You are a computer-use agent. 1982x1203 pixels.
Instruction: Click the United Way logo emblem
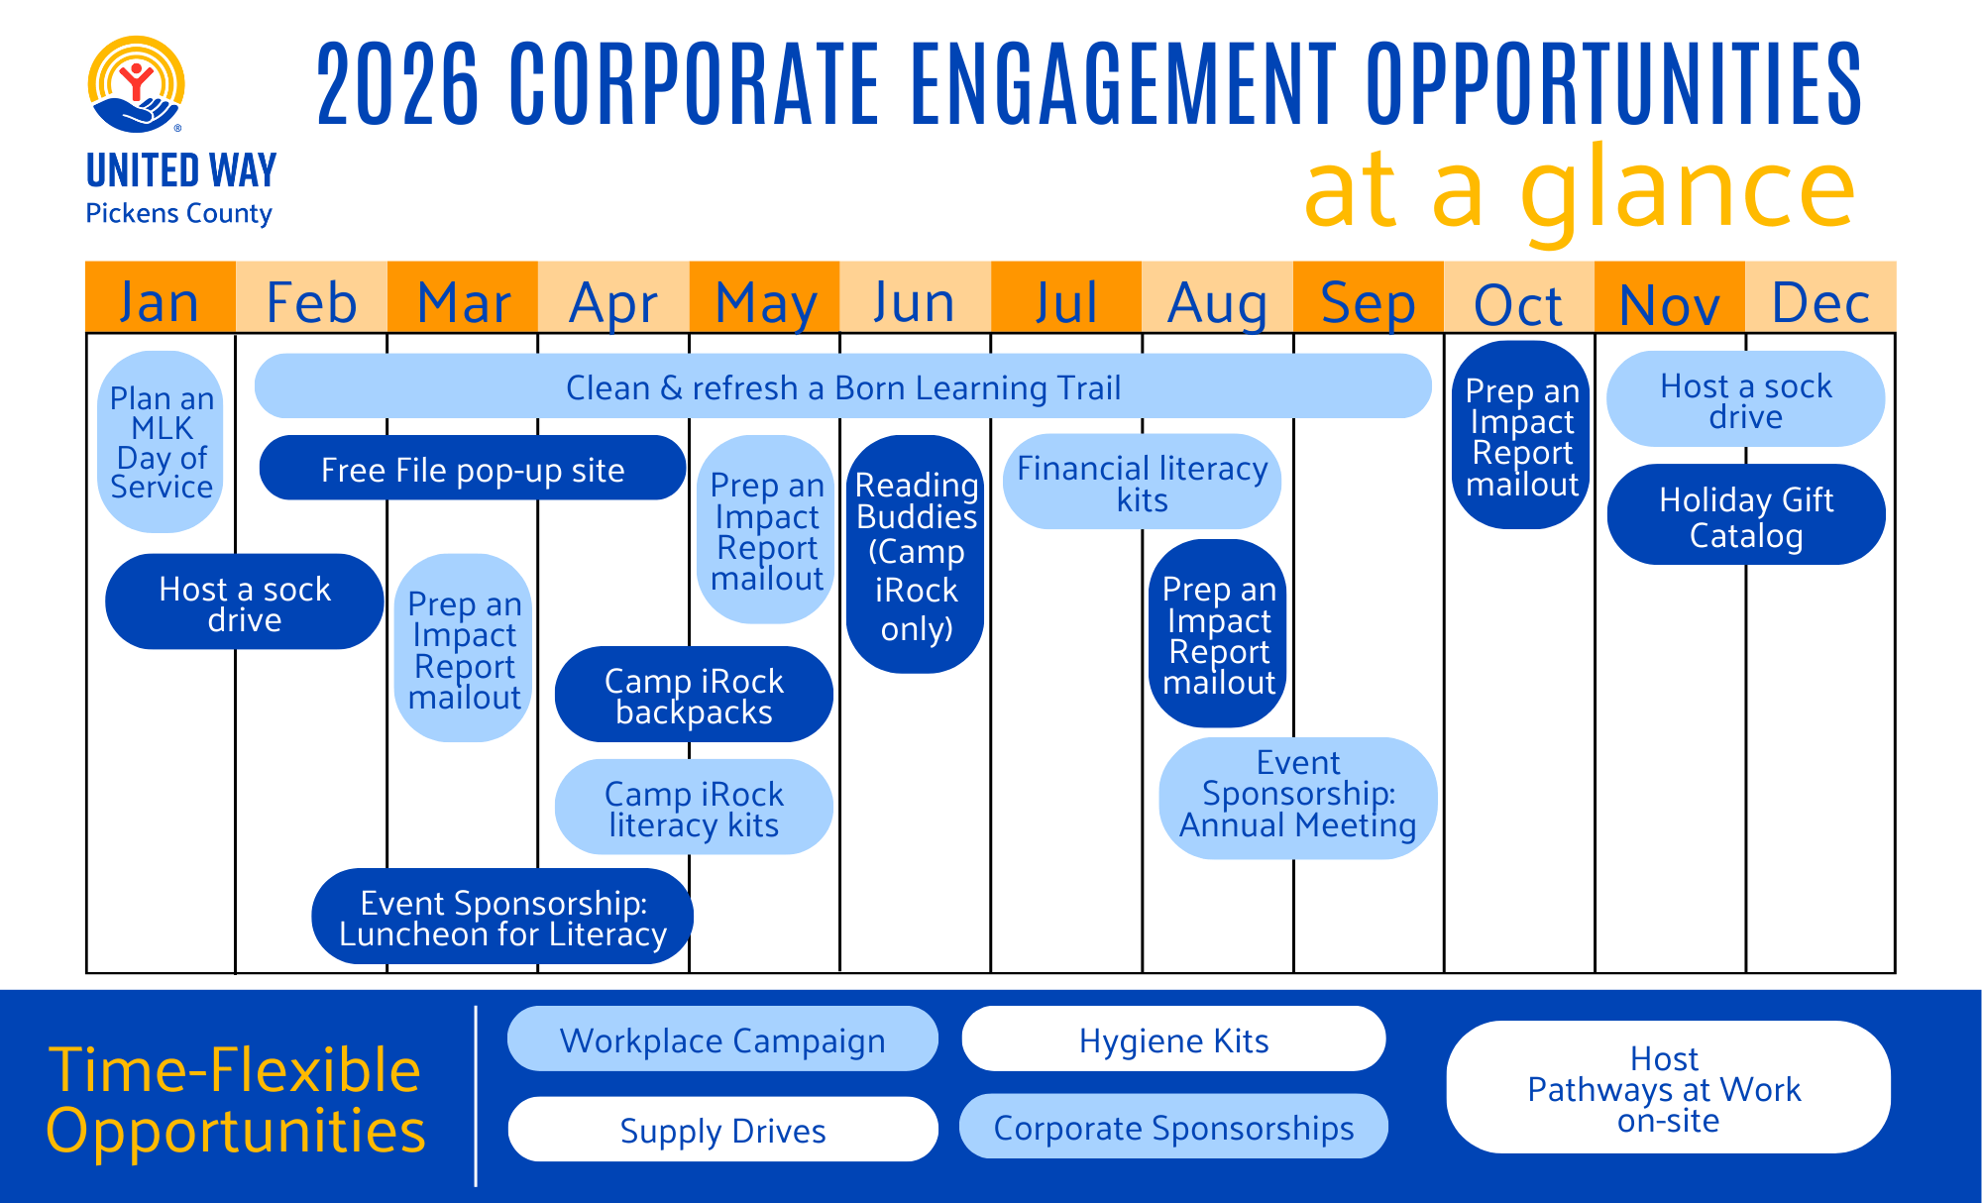137,85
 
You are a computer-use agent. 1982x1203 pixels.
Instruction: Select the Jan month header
160,300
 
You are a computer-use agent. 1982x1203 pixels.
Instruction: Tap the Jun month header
914,300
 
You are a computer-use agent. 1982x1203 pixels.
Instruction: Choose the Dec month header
1819,300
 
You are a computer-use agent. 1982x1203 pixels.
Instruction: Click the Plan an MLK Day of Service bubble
162,442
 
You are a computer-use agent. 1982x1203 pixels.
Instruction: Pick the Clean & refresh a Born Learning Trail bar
842,386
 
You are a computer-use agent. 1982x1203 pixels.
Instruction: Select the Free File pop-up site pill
473,469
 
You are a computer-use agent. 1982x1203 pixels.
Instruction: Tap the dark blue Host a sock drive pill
245,602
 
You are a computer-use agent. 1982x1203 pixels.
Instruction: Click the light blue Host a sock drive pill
1745,399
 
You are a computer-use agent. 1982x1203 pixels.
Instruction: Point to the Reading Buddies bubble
916,555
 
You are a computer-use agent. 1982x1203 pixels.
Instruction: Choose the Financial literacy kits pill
1142,482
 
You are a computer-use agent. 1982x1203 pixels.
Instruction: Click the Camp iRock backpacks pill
694,695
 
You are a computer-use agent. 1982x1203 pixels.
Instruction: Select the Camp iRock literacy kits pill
694,808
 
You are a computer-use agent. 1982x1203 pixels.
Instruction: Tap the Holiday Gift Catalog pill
1745,515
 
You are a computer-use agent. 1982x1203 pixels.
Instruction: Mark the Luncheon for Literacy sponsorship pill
502,917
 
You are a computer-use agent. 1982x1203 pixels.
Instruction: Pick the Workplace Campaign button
722,1039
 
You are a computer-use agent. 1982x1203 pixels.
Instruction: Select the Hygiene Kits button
1173,1039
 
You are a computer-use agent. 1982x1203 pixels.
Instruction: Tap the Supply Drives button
722,1130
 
